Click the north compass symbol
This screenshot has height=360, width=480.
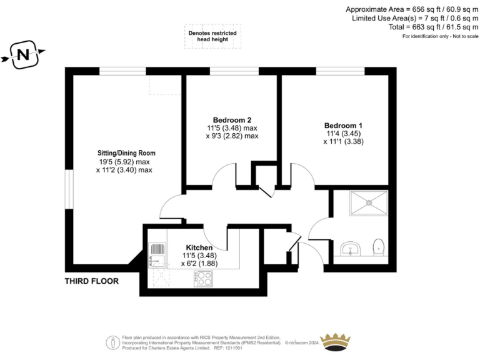23,55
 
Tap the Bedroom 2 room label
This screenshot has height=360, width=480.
232,120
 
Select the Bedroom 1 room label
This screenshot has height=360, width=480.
343,125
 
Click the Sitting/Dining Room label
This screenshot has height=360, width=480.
126,153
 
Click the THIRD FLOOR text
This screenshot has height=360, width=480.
92,281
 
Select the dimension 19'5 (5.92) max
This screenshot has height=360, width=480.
124,162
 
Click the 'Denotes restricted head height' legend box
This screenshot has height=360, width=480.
212,36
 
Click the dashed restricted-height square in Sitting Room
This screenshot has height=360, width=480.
164,85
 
